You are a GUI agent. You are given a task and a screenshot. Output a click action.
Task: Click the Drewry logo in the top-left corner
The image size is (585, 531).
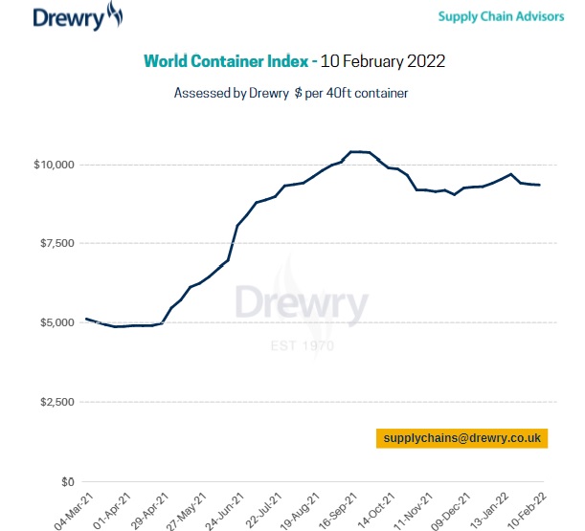click(x=78, y=16)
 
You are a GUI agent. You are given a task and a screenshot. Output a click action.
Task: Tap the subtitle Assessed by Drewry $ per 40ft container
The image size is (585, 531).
click(x=291, y=93)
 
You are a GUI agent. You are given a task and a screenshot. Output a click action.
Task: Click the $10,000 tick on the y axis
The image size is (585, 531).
click(x=54, y=165)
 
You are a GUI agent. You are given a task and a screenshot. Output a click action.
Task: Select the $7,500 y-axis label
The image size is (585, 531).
click(x=56, y=244)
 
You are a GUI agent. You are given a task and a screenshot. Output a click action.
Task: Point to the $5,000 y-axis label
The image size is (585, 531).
click(x=56, y=322)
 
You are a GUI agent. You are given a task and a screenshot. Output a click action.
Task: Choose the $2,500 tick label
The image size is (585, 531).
click(x=56, y=402)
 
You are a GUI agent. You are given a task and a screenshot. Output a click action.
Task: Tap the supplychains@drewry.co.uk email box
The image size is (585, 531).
click(x=461, y=438)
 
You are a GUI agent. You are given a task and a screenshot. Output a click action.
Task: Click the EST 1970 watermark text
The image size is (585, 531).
click(x=301, y=344)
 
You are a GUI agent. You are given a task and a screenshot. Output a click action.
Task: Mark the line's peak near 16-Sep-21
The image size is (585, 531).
click(x=360, y=151)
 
